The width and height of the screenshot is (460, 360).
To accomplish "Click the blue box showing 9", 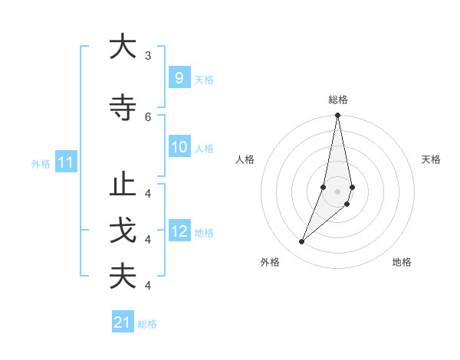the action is coord(179,77).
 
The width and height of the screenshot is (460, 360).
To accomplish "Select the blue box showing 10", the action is coord(179,147).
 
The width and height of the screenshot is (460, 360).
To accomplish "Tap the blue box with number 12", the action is coord(179,231).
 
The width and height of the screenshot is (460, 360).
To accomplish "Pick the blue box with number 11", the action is coord(65,162).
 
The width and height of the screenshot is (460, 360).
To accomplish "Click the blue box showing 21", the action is coord(123,322).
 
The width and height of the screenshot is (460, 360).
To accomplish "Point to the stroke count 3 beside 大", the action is coord(148,56).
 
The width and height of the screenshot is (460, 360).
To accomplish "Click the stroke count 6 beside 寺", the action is coord(148,117).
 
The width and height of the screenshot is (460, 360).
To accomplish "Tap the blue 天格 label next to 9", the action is coord(204,79).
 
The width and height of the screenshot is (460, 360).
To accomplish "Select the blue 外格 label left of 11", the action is coord(41,163).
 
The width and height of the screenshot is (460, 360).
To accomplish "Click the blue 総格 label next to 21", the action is coord(147,324).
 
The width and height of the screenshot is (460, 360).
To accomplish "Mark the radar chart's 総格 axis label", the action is coord(338,100).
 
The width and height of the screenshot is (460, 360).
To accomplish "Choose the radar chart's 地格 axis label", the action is coord(402,262).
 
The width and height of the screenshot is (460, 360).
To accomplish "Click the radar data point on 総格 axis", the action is coord(338,116).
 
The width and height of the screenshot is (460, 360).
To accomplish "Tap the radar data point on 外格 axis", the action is coord(301,242).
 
